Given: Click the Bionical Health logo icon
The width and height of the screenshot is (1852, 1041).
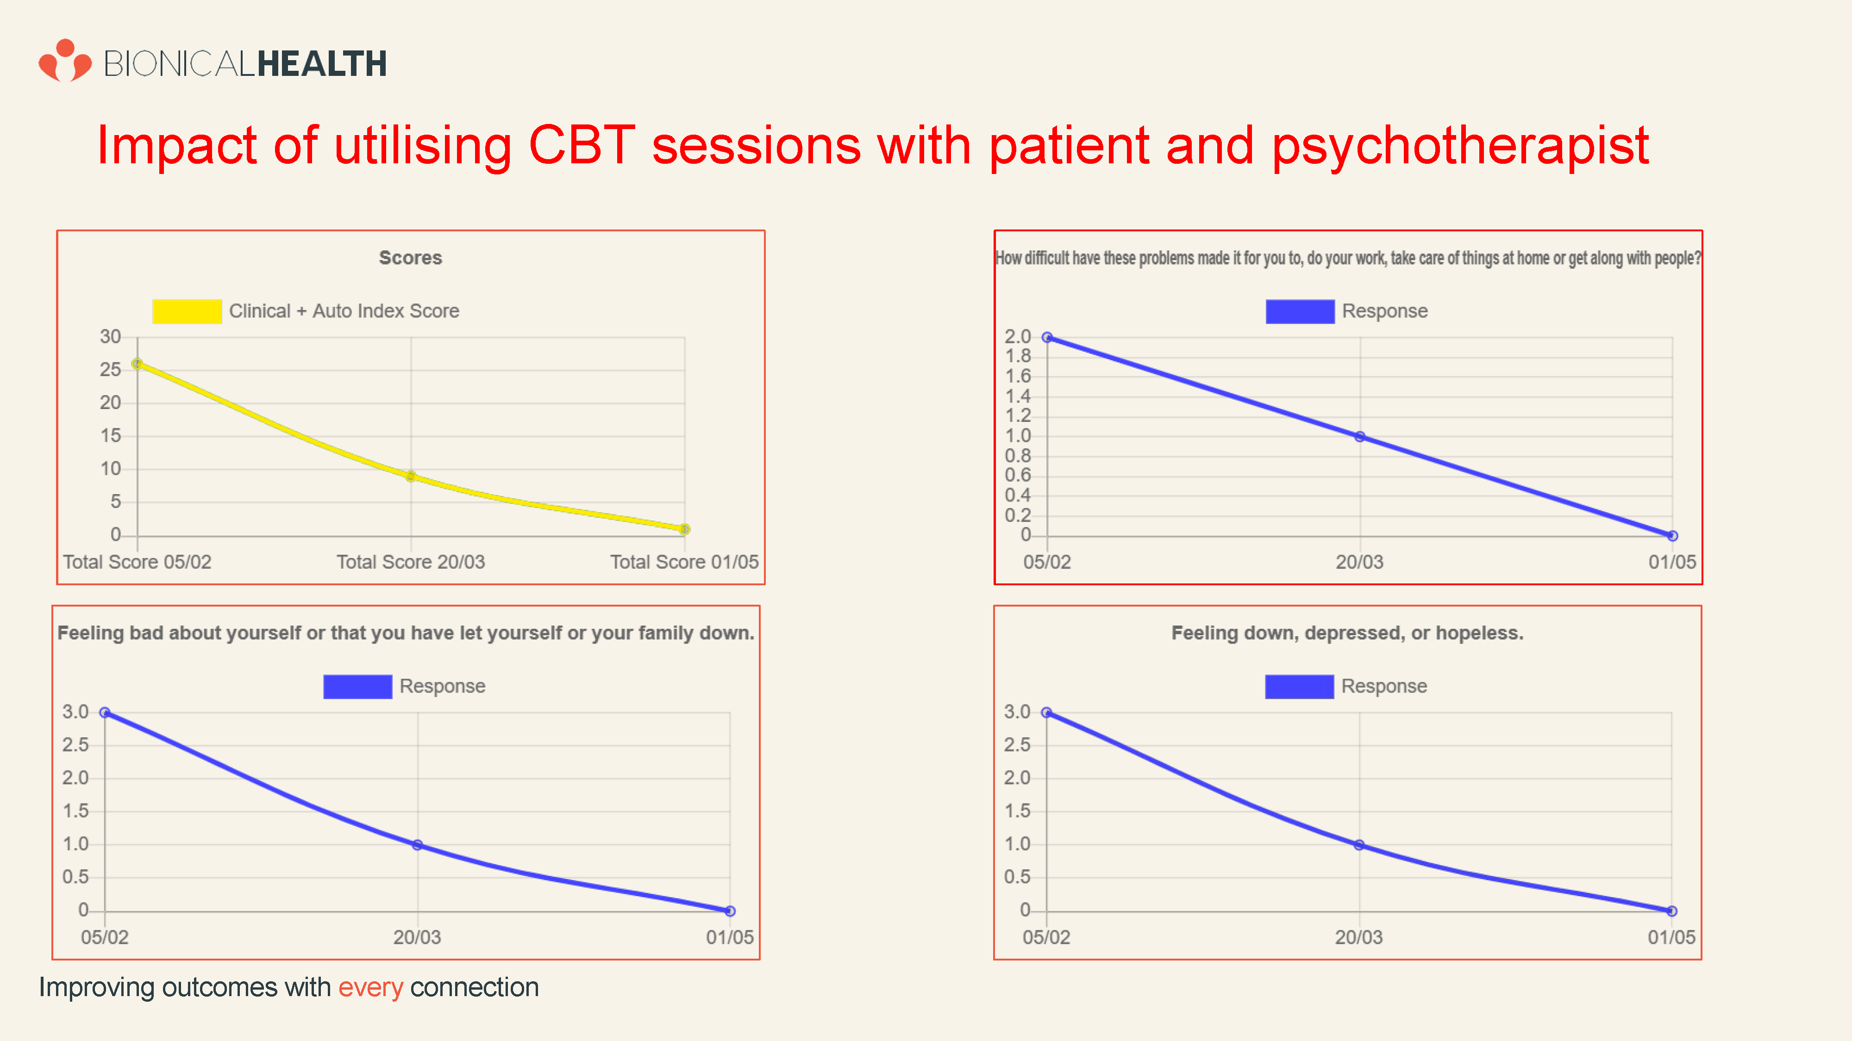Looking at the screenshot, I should pos(65,61).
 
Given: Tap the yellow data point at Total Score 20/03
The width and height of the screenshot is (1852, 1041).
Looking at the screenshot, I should pos(411,477).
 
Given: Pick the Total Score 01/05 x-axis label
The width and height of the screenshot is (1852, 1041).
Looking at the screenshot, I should pos(684,562).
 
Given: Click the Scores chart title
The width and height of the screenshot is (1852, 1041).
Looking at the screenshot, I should pos(411,258).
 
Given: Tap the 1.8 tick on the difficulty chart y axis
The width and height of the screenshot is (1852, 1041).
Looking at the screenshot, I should pos(1017,356).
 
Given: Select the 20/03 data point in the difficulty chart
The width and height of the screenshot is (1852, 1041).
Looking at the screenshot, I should pos(1359,437).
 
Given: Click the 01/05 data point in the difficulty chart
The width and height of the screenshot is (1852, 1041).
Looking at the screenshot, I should pos(1672,536).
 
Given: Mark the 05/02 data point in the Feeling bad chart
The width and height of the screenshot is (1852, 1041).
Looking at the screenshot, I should pos(105,713).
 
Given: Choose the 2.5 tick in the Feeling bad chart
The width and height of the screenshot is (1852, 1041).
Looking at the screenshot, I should pos(75,745).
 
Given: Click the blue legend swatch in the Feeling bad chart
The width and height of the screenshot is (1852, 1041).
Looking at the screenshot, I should pos(357,687).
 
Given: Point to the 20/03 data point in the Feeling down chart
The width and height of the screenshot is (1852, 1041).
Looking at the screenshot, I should pos(1359,845).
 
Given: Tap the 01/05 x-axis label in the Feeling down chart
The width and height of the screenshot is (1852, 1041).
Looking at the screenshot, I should pos(1671,937).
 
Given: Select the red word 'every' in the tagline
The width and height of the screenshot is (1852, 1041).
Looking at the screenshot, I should pos(370,988).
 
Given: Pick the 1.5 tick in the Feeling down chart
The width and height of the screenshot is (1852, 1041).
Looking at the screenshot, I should pos(1017,811).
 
